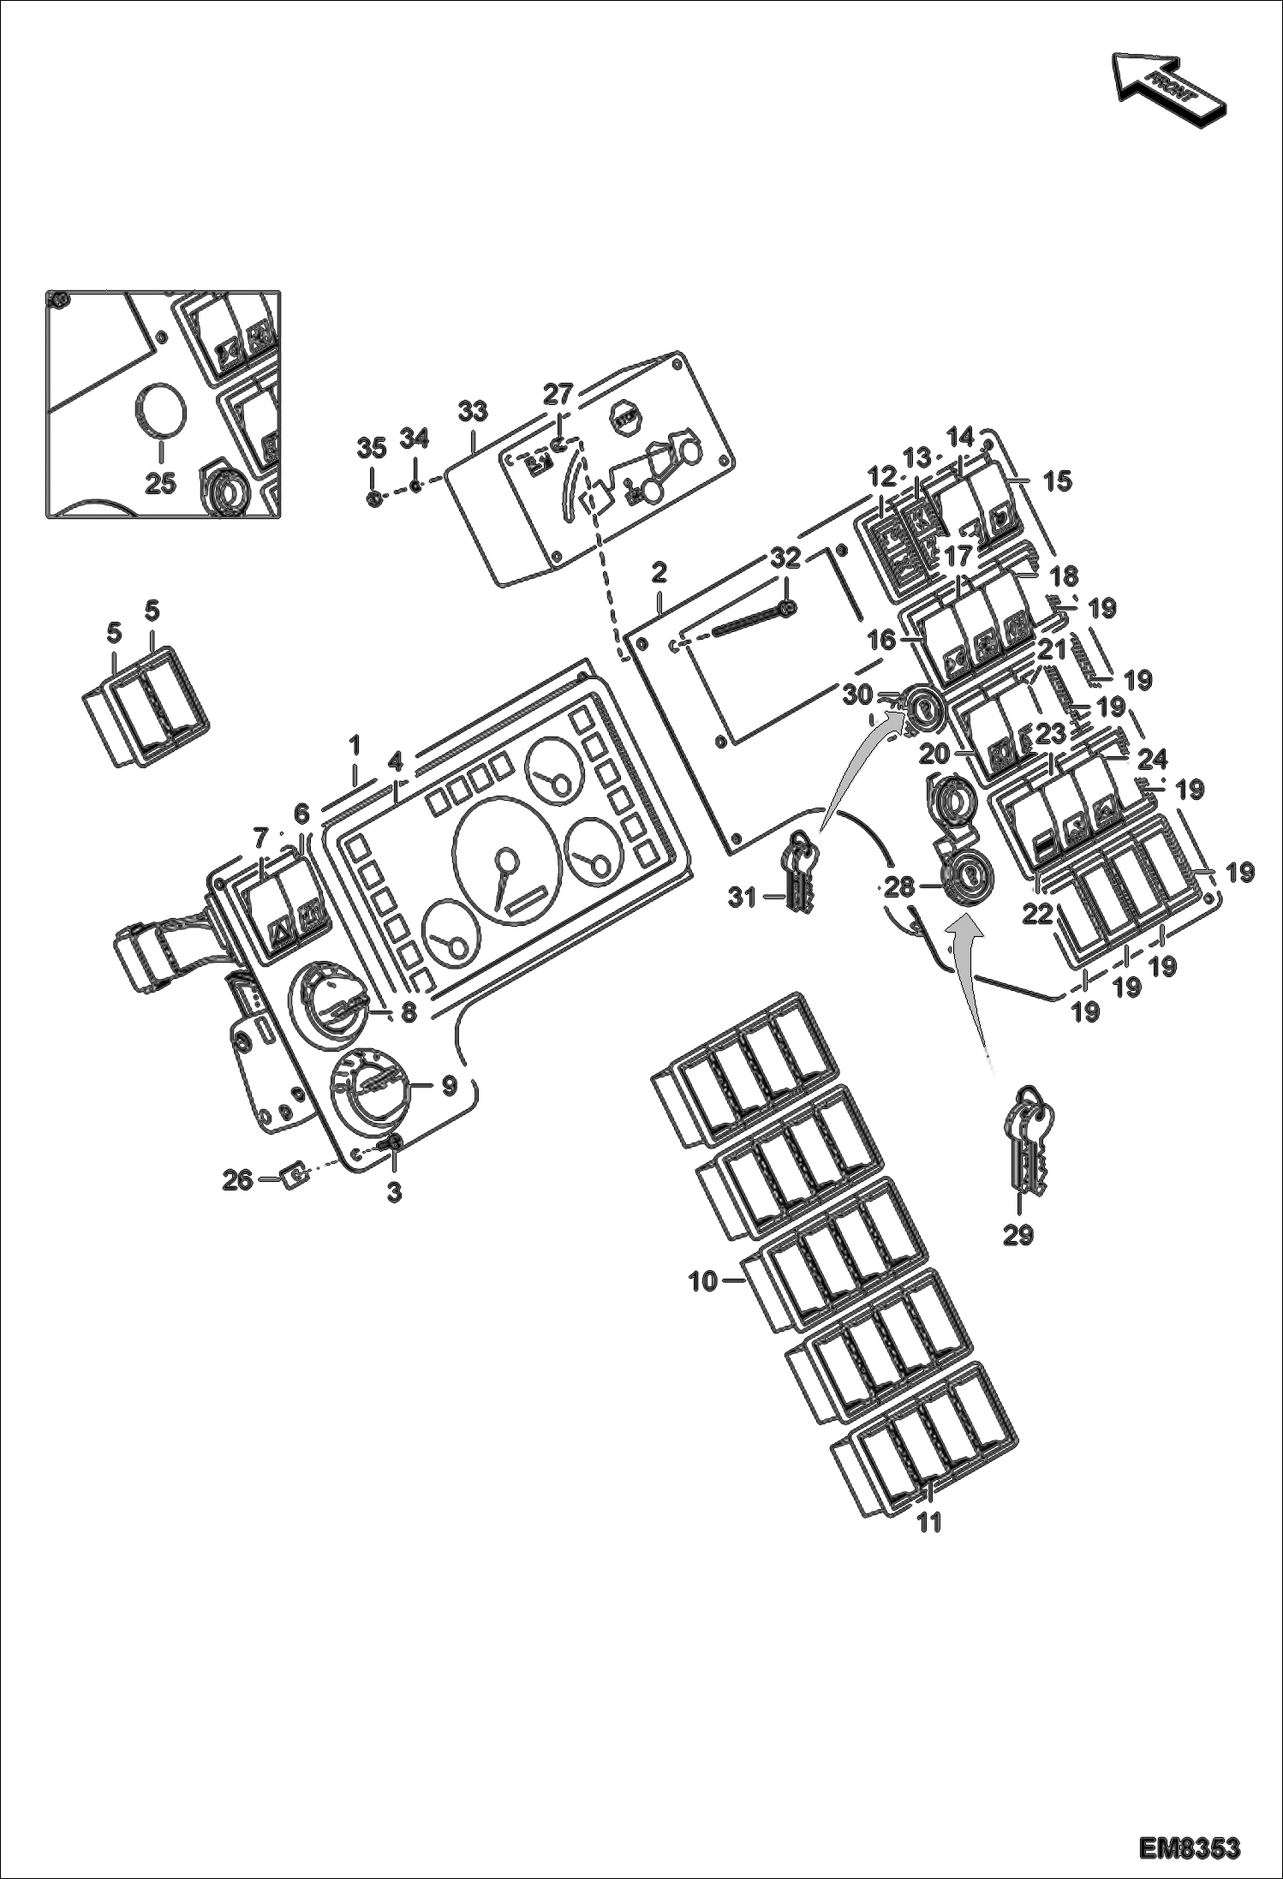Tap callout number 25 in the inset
click(x=160, y=484)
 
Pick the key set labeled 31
click(x=799, y=872)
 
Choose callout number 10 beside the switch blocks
click(x=703, y=1282)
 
